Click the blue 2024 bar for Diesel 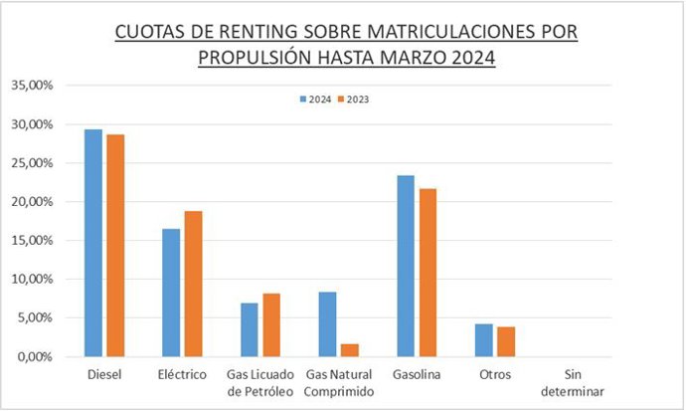(92, 243)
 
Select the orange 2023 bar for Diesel (115, 245)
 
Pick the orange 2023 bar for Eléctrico (193, 284)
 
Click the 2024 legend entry (316, 100)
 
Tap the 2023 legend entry (353, 100)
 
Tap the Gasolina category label (416, 375)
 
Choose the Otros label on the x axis (494, 375)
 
